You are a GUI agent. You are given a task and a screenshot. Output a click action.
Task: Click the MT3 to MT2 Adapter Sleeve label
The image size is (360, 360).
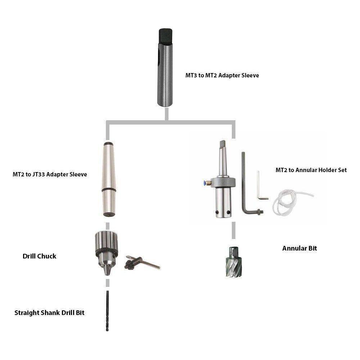222,75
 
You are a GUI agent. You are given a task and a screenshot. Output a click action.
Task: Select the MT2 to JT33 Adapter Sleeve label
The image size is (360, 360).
50,174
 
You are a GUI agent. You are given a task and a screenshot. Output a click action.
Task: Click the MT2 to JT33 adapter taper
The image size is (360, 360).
109,179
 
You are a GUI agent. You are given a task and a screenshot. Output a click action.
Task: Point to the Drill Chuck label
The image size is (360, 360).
39,256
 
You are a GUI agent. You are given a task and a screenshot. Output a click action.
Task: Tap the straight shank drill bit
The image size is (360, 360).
107,311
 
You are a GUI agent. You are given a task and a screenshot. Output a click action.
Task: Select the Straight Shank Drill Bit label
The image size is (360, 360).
49,313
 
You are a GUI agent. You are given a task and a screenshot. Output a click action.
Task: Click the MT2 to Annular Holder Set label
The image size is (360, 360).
311,170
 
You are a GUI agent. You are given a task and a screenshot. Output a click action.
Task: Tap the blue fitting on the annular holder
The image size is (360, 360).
204,183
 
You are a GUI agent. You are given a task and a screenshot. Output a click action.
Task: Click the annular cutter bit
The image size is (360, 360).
233,262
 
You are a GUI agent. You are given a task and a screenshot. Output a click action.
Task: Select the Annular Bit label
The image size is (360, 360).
300,248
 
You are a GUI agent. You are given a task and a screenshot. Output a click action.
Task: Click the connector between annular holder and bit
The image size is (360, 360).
234,230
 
